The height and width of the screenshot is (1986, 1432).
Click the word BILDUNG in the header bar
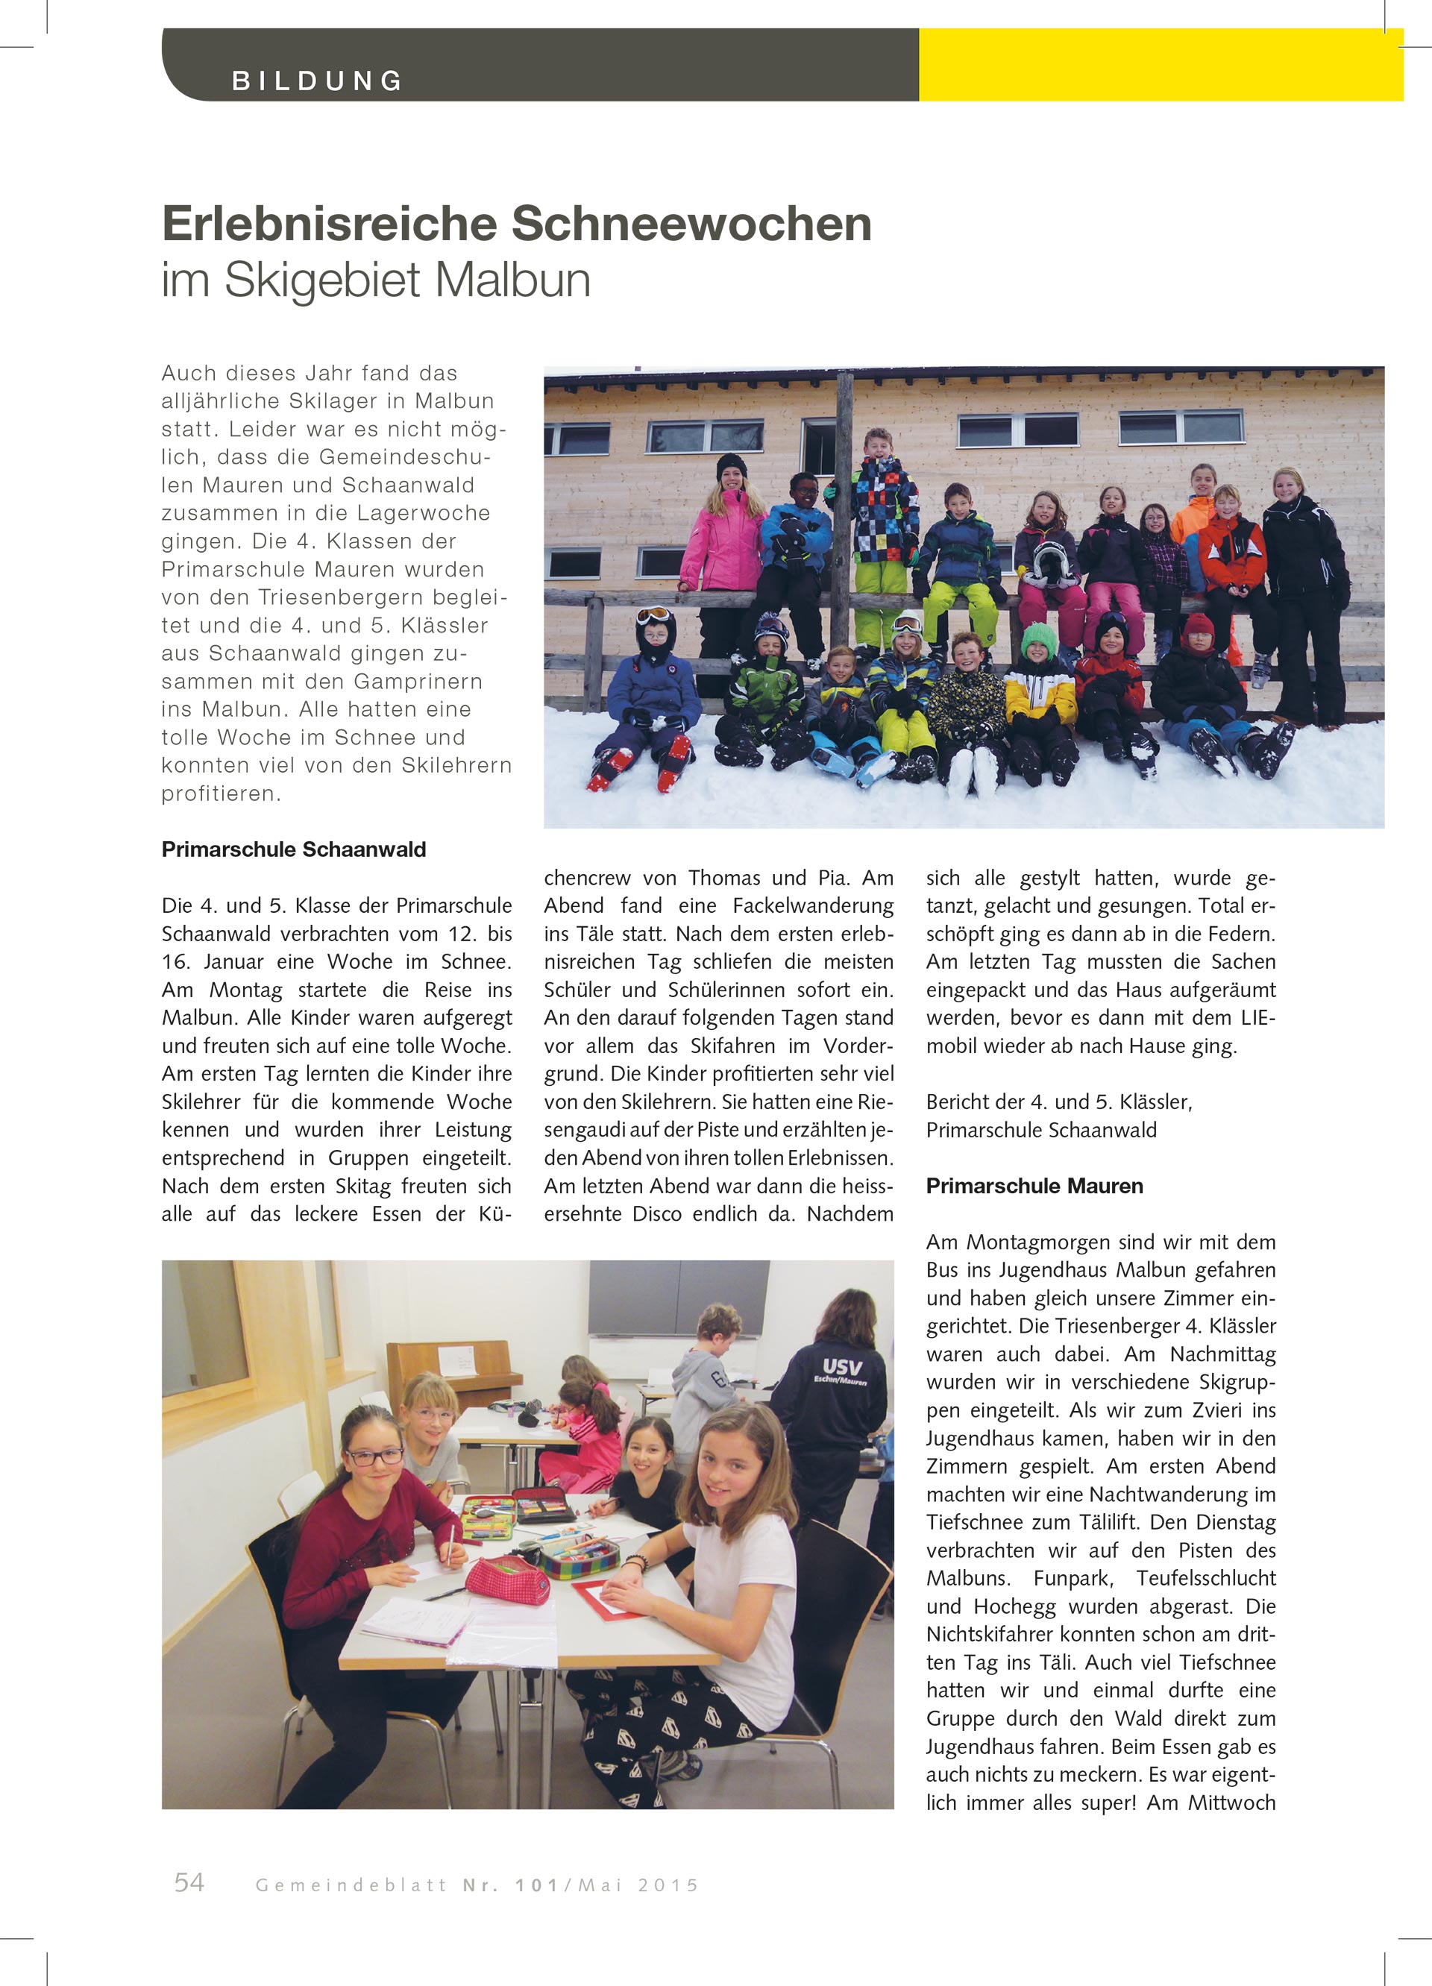[x=317, y=81]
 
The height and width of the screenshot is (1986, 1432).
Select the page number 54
[x=189, y=1882]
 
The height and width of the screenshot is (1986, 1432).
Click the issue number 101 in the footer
[x=536, y=1885]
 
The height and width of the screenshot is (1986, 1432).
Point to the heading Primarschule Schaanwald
[x=293, y=849]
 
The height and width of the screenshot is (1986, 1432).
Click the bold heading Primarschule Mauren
[x=1034, y=1186]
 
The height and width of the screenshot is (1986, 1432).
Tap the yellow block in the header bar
[x=1160, y=65]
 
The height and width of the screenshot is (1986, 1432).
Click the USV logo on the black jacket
[x=841, y=1368]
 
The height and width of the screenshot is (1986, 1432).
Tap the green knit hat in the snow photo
[x=1039, y=638]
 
